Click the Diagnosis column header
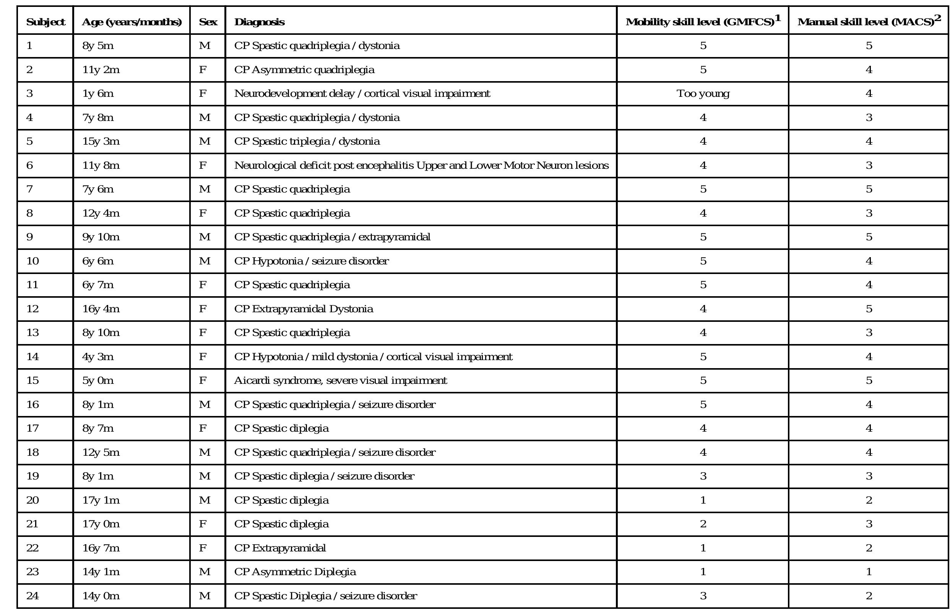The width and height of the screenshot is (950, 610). point(259,22)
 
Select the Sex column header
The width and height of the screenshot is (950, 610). point(208,22)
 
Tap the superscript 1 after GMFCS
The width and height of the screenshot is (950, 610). point(778,18)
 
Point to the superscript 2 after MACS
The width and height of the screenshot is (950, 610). point(937,18)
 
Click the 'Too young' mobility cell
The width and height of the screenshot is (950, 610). point(703,93)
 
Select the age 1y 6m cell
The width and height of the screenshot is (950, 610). point(98,93)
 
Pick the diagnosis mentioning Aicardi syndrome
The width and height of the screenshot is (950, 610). point(340,380)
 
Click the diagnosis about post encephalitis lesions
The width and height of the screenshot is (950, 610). point(421,165)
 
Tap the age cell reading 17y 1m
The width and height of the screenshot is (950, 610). point(101,500)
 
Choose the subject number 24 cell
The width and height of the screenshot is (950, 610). point(32,596)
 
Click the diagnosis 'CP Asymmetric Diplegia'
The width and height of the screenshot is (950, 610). point(295,572)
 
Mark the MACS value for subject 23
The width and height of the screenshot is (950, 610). point(869,572)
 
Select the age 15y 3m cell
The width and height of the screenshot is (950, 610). point(101,142)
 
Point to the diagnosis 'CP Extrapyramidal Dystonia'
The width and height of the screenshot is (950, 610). point(304,308)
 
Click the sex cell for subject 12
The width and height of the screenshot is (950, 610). point(203,308)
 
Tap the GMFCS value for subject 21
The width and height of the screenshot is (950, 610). point(703,524)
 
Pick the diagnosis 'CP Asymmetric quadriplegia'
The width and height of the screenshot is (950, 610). point(304,70)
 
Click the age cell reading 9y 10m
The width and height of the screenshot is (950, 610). point(101,237)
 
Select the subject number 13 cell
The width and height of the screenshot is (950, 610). point(32,332)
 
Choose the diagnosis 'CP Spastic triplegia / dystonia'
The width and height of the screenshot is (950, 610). point(307,142)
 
